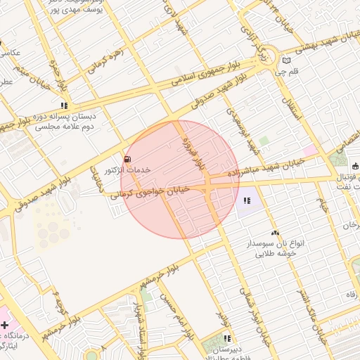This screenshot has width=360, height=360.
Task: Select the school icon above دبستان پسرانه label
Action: pos(65,105)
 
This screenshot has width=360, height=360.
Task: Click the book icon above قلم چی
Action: pos(285,60)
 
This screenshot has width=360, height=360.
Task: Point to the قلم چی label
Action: pos(290,72)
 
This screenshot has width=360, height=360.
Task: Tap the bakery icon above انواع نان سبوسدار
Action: pos(274,233)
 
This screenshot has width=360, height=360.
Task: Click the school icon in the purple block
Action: pos(246,201)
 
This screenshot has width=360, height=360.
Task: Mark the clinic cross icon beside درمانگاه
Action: pos(6,326)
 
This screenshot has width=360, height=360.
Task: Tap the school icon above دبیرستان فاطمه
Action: pos(226,339)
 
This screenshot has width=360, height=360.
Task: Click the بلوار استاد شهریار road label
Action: pos(141,323)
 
